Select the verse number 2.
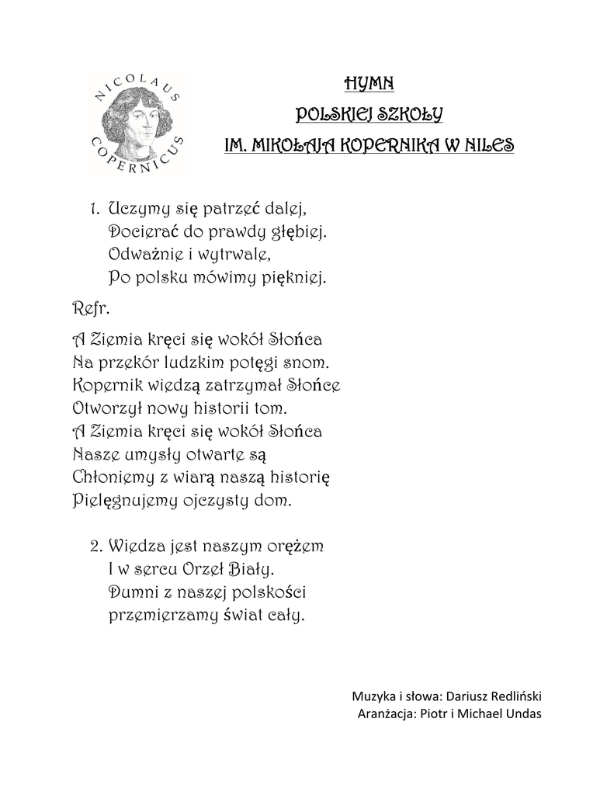(95, 546)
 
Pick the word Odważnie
(143, 253)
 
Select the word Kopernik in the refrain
(106, 384)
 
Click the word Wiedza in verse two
(135, 547)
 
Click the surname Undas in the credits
(523, 714)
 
